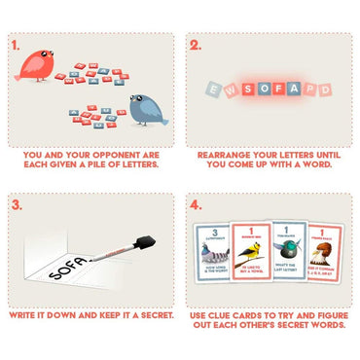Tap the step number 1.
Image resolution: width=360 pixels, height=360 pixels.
click(x=15, y=45)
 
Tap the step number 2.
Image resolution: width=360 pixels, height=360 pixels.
click(x=196, y=45)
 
